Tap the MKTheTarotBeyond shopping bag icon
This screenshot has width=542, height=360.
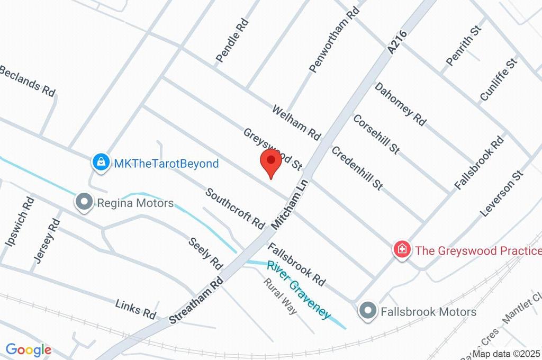pos(100,163)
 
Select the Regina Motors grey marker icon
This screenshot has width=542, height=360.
pos(83,202)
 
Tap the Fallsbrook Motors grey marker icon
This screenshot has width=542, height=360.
pos(366,311)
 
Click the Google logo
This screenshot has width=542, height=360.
pos(29,350)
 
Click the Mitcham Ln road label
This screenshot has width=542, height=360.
pos(290,203)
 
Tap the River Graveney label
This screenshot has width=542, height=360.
pos(299,290)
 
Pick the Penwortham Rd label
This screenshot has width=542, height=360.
pos(334,40)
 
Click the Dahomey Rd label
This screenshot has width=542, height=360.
pos(400,103)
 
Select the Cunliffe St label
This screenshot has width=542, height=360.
pos(498,79)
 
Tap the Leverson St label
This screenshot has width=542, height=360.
pos(501,193)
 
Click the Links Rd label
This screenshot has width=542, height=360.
pos(136,309)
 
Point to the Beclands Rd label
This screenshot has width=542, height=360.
pos(28,80)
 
